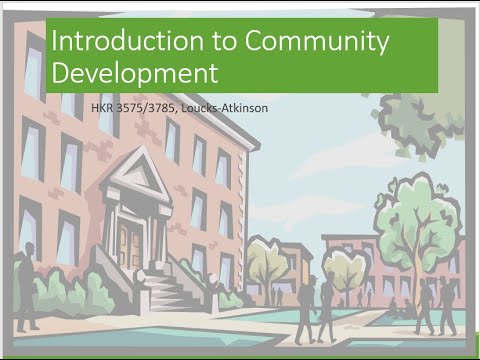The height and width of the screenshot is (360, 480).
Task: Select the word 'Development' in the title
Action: pos(135,73)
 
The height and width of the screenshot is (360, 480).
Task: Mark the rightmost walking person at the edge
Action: pos(445,305)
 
